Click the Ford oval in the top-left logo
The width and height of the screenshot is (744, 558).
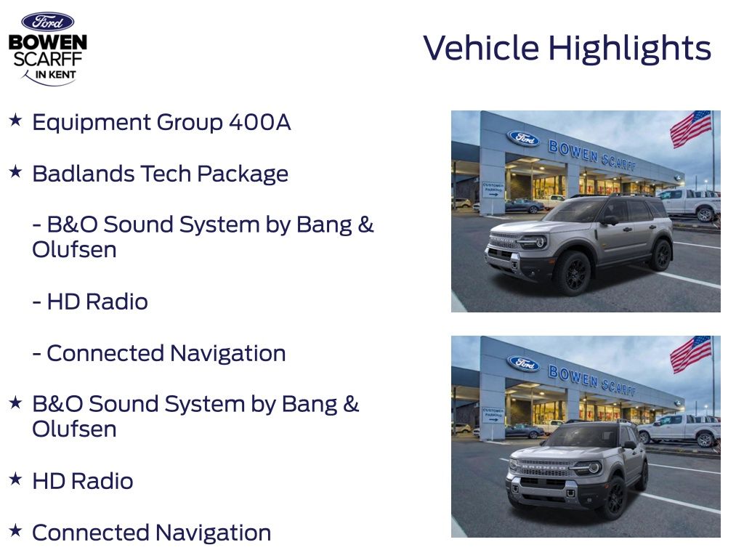47,22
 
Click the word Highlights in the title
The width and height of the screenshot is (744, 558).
629,49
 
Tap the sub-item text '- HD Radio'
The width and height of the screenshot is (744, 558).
90,302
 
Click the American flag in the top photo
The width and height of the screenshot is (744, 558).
690,129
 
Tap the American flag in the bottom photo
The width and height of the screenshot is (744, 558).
690,354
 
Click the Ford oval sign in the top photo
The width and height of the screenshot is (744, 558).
523,138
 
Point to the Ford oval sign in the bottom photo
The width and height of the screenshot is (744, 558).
523,363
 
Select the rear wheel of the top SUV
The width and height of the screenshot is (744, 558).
660,256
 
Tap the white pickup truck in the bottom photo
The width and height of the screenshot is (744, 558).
679,429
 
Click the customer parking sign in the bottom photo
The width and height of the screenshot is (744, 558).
492,414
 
